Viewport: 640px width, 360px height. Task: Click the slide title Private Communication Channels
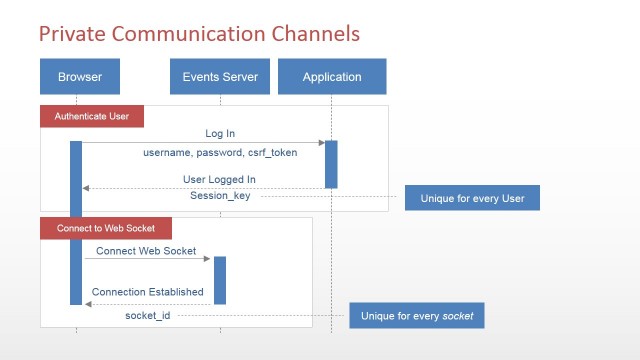click(x=199, y=34)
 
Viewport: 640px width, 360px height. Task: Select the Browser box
click(x=80, y=77)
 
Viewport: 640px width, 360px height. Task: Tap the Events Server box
click(x=220, y=77)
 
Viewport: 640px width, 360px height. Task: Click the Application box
click(x=333, y=77)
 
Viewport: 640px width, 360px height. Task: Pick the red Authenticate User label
click(x=92, y=116)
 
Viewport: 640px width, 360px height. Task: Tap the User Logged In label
click(x=220, y=179)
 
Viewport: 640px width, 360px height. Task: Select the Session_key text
click(x=220, y=196)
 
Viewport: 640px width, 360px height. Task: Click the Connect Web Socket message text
click(x=146, y=251)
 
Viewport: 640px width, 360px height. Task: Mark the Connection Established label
click(x=148, y=292)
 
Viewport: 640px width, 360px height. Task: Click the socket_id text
click(x=148, y=316)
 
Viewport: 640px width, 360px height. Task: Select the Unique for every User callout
click(x=471, y=197)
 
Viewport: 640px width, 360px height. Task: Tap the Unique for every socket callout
click(x=416, y=317)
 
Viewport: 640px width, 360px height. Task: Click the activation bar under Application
click(x=331, y=163)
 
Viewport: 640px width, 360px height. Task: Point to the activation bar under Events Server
click(x=220, y=280)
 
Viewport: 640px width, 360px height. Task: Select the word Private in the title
click(x=73, y=34)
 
